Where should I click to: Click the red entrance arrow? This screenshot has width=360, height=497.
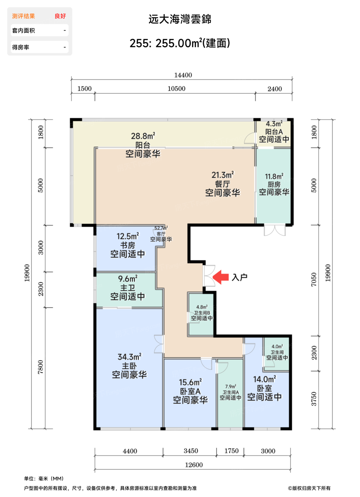pos(220,277)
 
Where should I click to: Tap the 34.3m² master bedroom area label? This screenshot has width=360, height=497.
pos(129,357)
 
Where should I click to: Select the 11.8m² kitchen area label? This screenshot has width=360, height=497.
pos(274,177)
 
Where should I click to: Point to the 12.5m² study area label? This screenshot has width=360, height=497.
pos(128,236)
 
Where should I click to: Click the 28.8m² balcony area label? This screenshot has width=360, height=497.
pos(143,136)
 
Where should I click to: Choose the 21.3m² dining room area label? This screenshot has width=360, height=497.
pos(223,175)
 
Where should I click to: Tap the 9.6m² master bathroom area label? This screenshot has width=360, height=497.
pos(128,279)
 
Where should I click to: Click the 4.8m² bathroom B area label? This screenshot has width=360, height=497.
pos(202,307)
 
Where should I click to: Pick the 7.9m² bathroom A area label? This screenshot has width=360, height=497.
pos(231,387)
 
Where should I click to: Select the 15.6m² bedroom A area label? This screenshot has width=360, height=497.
pos(190,382)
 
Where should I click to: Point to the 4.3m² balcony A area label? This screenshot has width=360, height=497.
pos(274,124)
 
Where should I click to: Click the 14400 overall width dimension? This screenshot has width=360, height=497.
pos(183,75)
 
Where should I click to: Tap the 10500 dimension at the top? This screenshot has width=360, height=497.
pos(177,89)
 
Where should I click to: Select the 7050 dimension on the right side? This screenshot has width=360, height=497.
pos(314,280)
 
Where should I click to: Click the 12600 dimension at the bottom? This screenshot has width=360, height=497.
pos(194,465)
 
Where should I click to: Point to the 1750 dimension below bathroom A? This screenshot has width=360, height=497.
pos(231,451)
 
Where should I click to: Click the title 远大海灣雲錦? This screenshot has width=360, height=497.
pos(180,19)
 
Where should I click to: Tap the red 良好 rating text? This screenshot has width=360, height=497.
pos(60,16)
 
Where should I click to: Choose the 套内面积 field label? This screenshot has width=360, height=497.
pos(23,31)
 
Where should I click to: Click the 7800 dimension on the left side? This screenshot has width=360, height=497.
pos(40,367)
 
